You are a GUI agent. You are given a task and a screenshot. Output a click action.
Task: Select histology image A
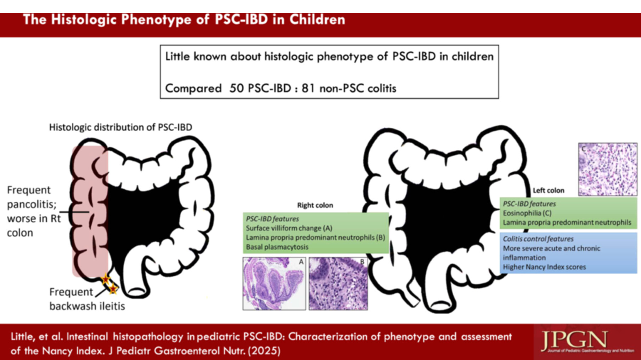(x=274, y=284)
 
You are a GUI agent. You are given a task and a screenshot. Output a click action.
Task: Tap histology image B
(x=338, y=284)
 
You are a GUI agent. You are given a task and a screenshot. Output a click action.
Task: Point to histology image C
(x=608, y=169)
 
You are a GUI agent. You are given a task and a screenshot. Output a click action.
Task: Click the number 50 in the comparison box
(x=237, y=88)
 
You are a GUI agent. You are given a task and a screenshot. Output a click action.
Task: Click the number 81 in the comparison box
(x=308, y=88)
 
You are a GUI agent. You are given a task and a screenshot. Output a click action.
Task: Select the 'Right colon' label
(x=315, y=205)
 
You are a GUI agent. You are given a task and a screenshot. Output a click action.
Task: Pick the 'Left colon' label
(x=549, y=190)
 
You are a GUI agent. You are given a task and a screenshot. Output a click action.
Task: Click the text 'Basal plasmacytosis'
(x=277, y=247)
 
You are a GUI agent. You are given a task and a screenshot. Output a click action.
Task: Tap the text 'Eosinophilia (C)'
(x=527, y=213)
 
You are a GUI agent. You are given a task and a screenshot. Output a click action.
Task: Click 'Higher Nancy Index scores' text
(x=544, y=267)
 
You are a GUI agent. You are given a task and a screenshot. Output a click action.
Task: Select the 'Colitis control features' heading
(x=538, y=239)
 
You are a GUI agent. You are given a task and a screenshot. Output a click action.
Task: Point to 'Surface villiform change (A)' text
(x=289, y=228)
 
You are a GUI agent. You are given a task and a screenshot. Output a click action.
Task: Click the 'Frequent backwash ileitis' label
(x=87, y=299)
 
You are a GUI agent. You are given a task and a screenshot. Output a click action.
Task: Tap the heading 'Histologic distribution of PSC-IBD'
(x=120, y=127)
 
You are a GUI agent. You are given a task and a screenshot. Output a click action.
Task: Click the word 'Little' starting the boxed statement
(x=177, y=56)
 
